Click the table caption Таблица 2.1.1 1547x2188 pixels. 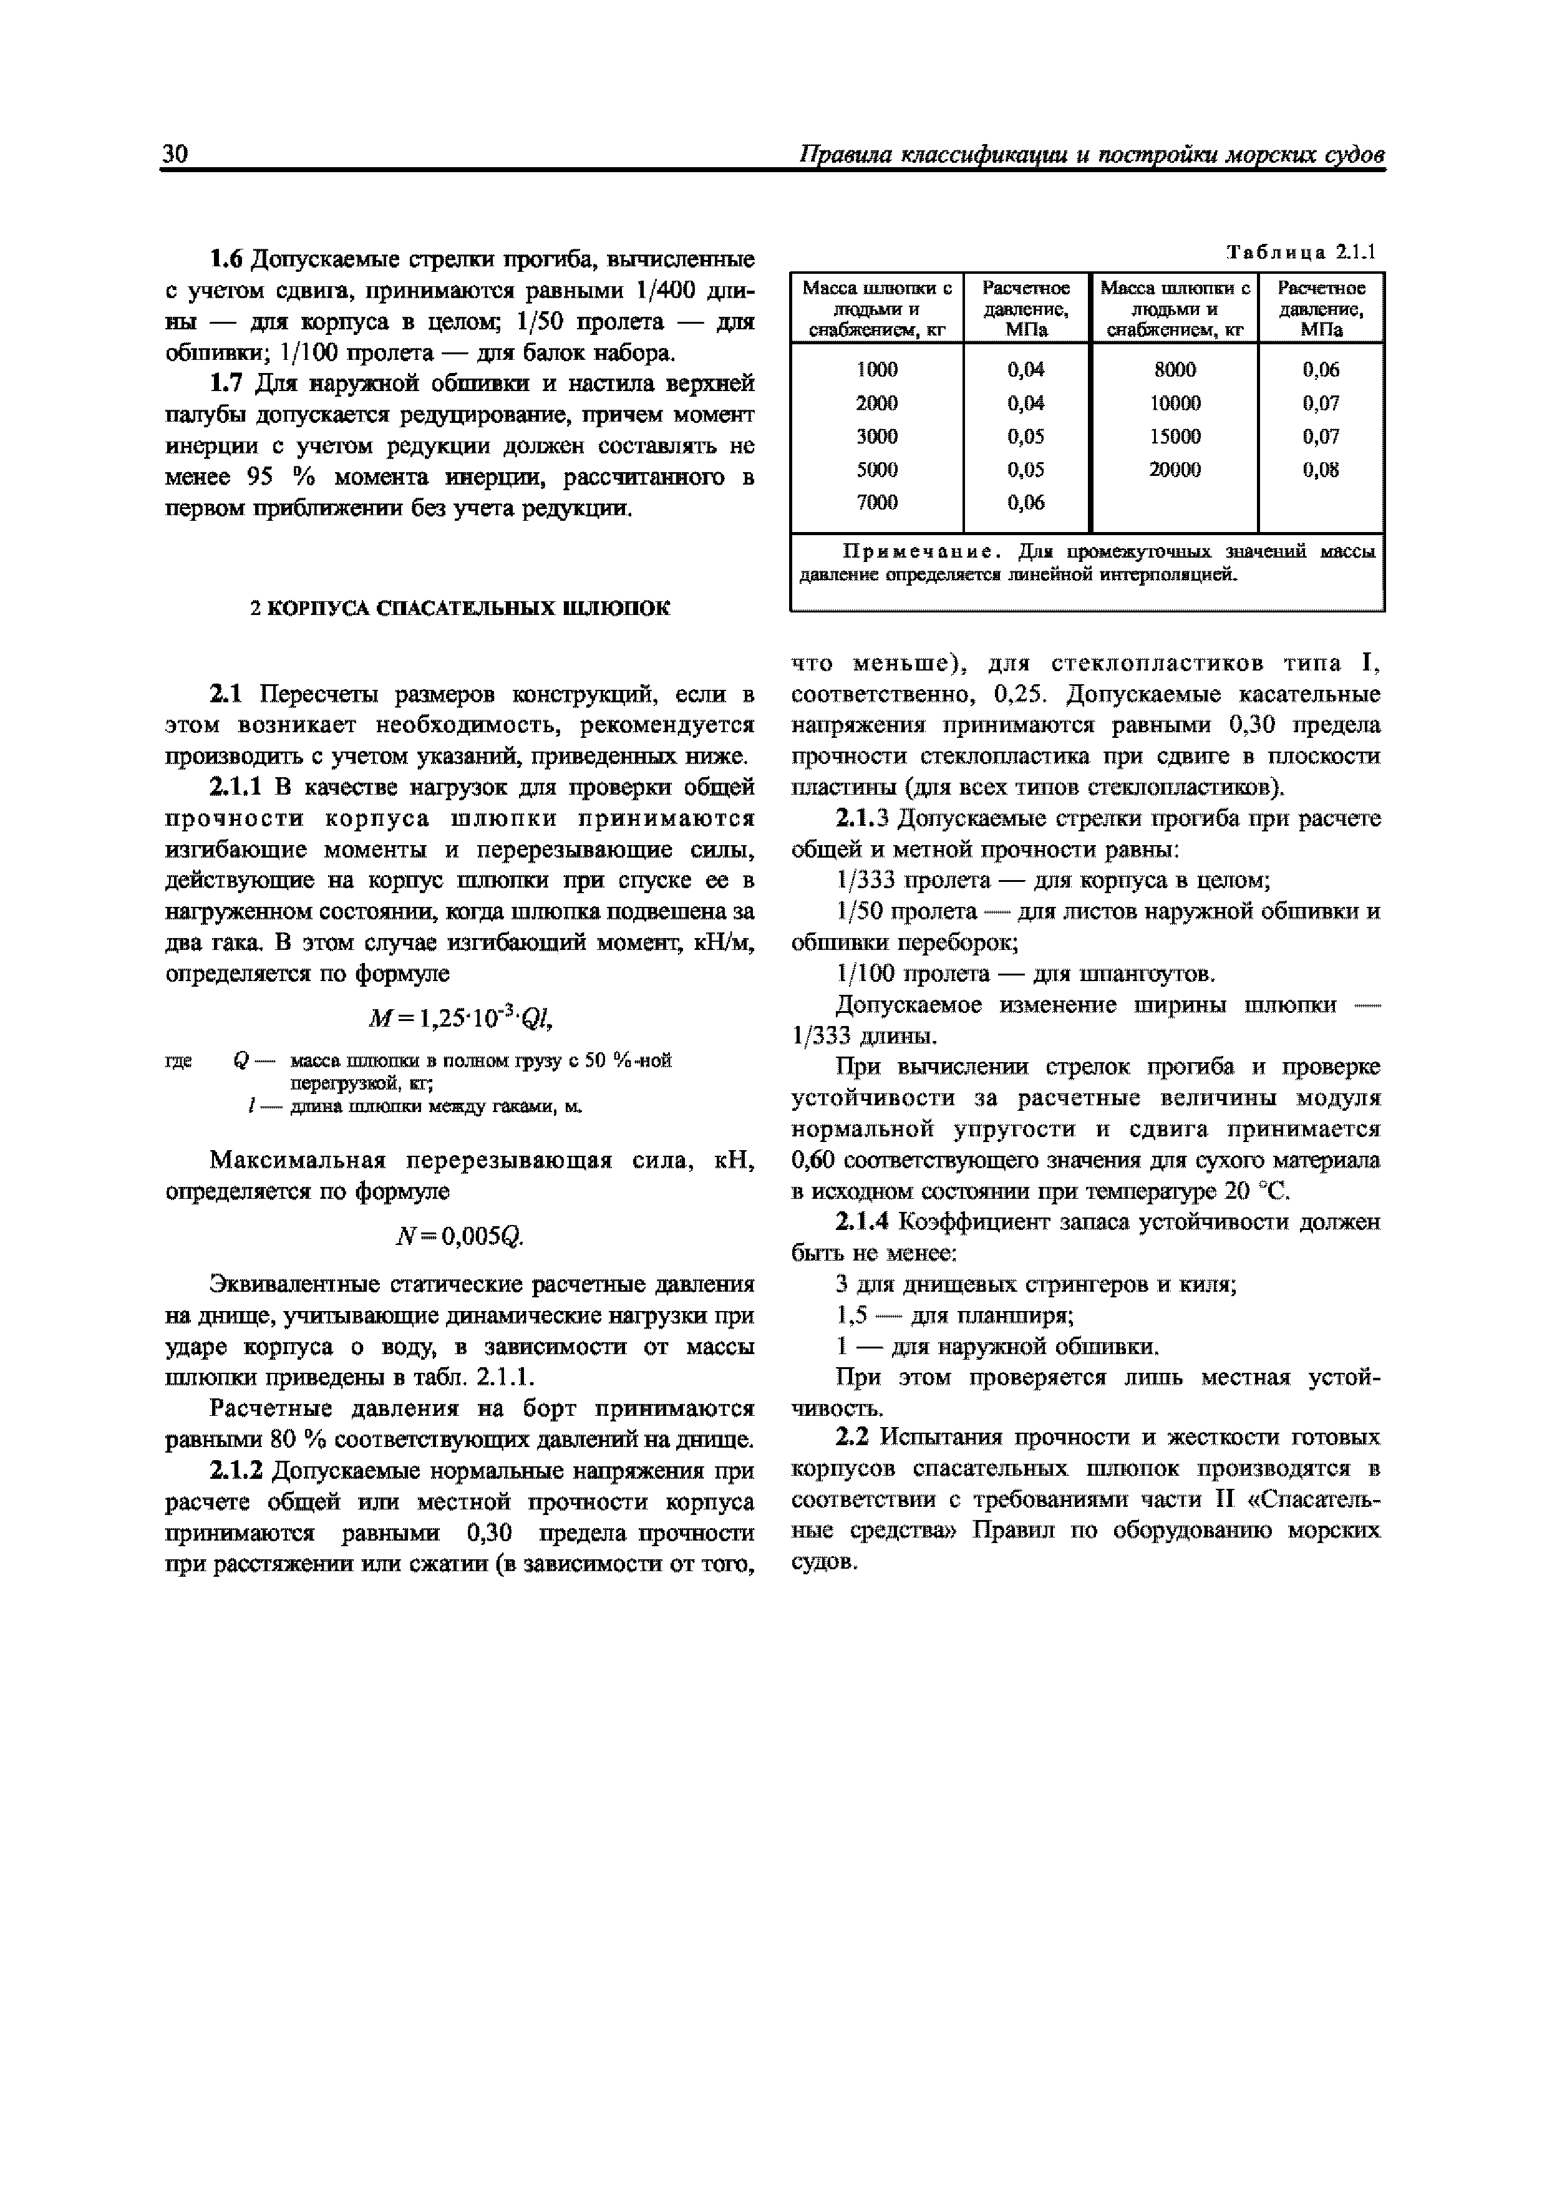[1301, 253]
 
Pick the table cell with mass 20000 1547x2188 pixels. [1175, 470]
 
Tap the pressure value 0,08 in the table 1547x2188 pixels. [1321, 470]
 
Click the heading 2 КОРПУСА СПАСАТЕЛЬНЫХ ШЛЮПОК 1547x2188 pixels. [460, 609]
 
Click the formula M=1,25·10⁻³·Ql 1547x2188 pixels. [460, 1020]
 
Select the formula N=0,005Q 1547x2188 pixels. [460, 1237]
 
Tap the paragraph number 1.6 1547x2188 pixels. [227, 260]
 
